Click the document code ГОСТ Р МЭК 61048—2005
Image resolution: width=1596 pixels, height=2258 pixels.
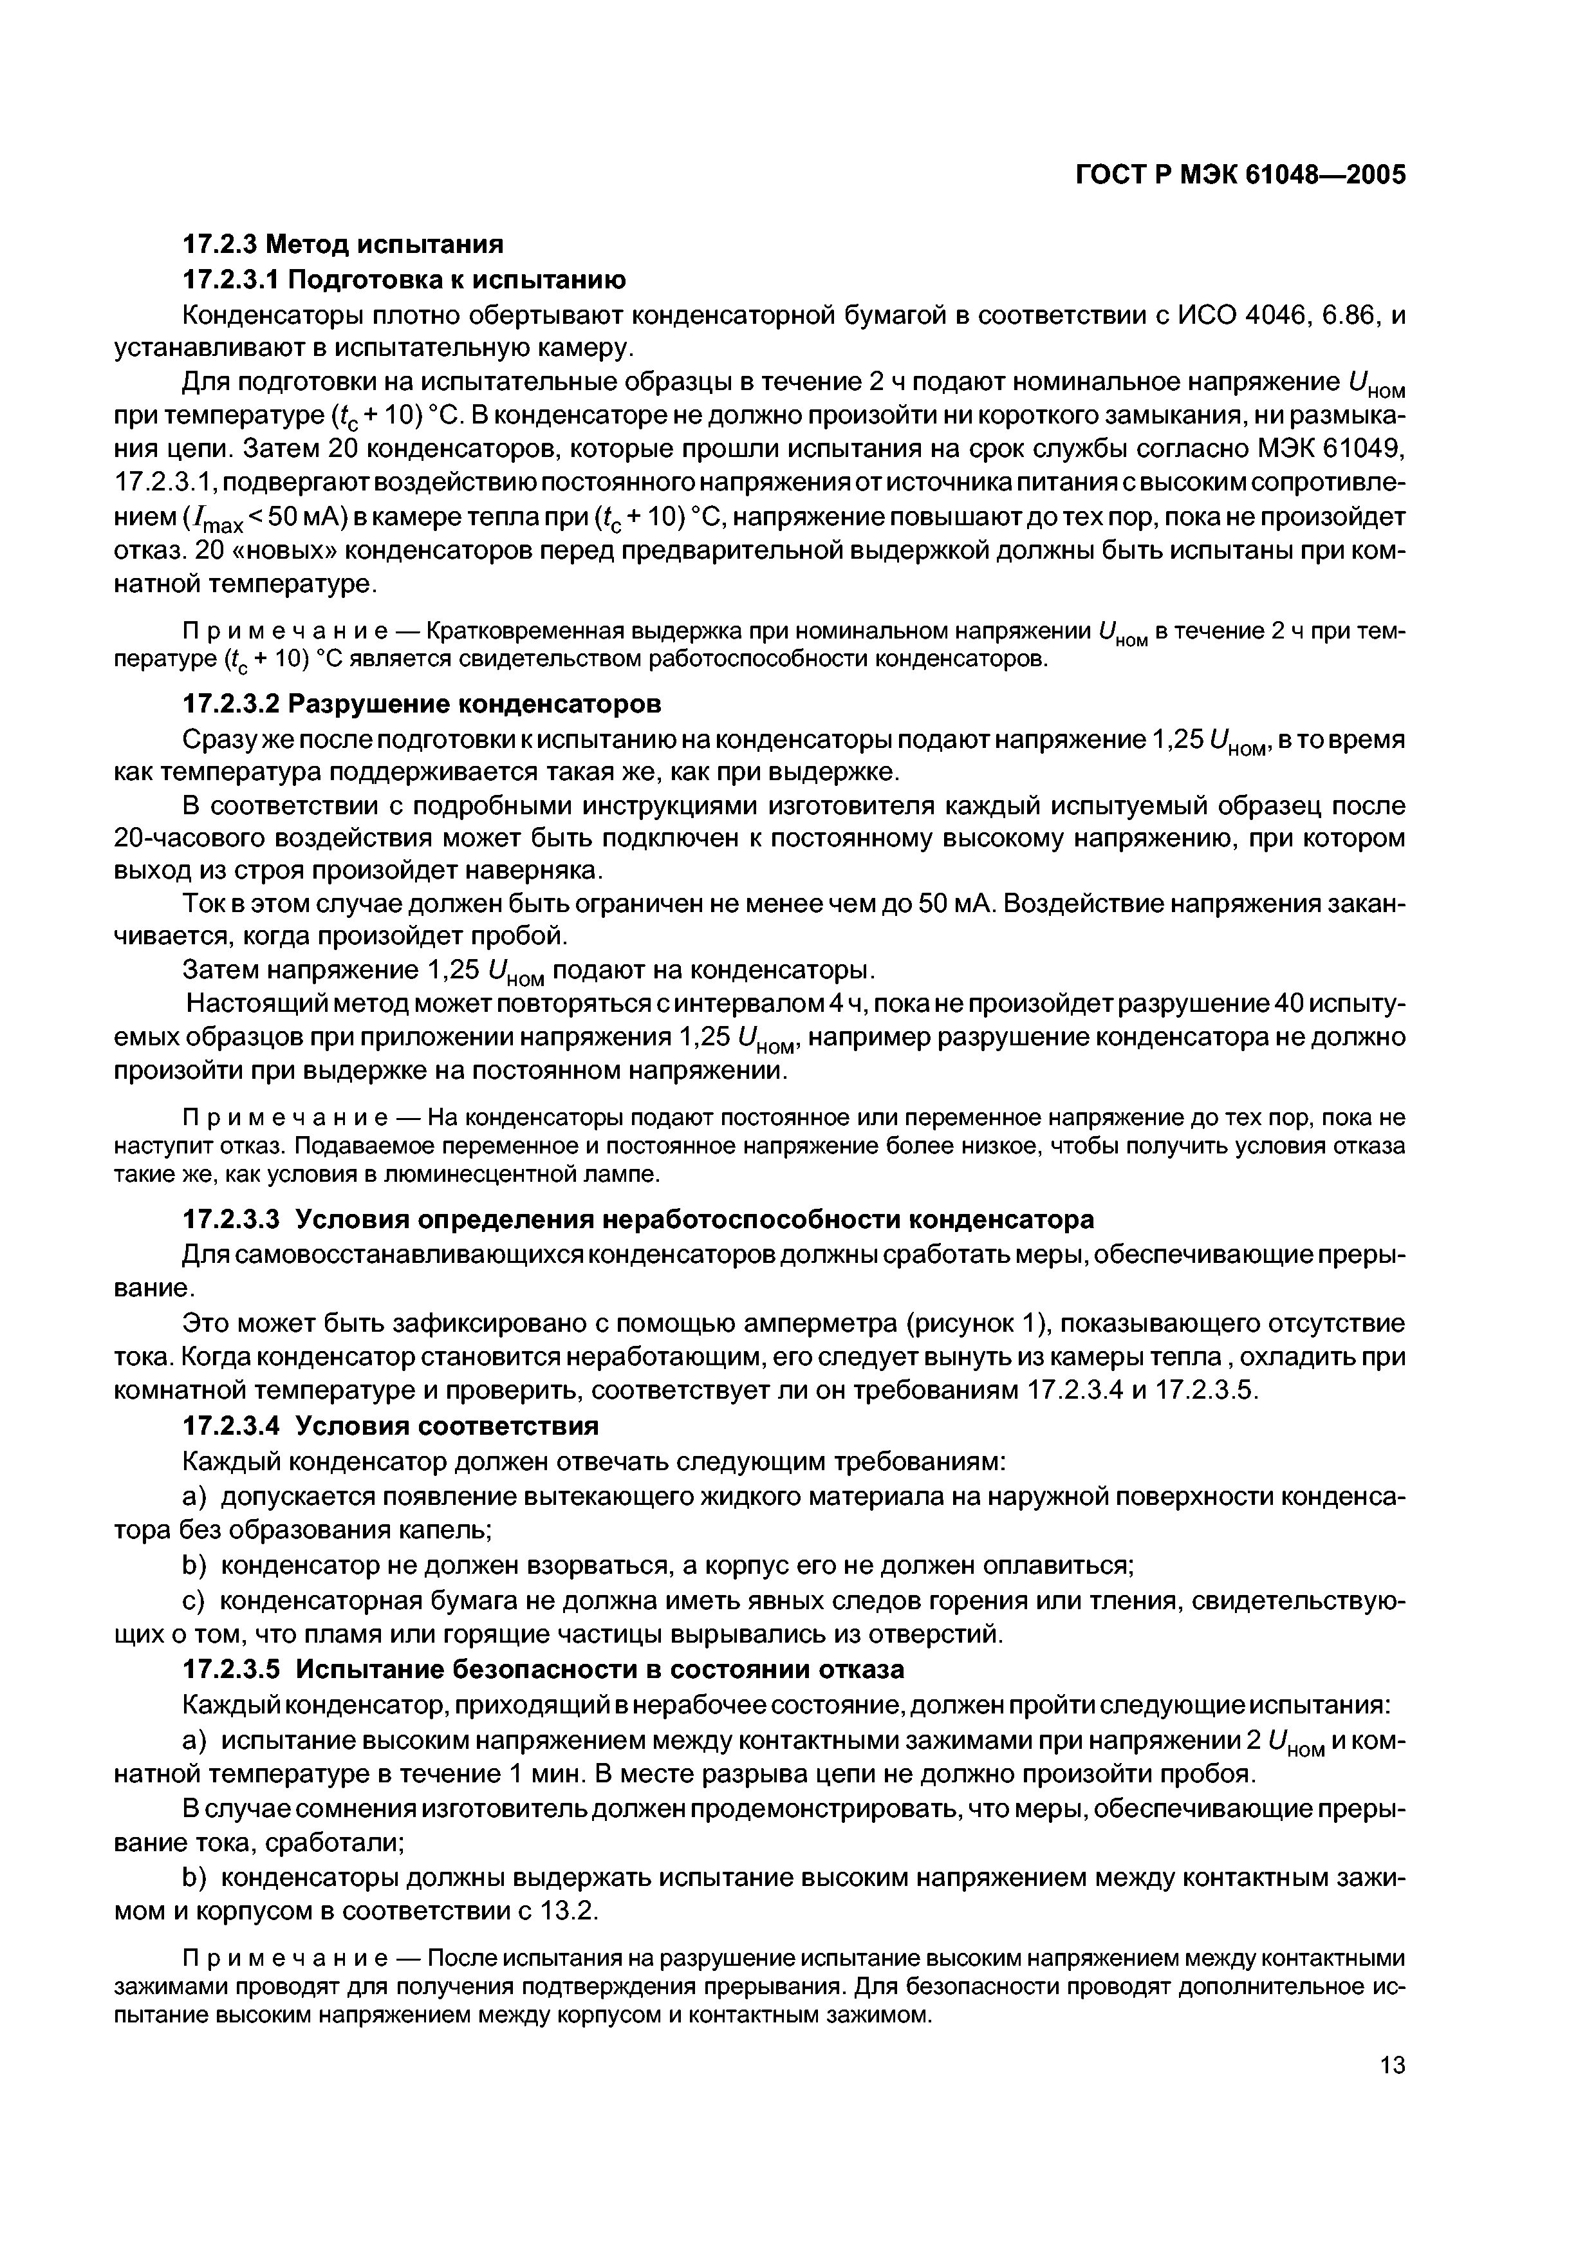pyautogui.click(x=1239, y=175)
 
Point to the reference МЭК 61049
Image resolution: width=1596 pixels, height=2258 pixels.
pyautogui.click(x=1322, y=449)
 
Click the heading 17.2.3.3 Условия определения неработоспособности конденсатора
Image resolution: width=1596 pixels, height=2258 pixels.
pyautogui.click(x=639, y=1220)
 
